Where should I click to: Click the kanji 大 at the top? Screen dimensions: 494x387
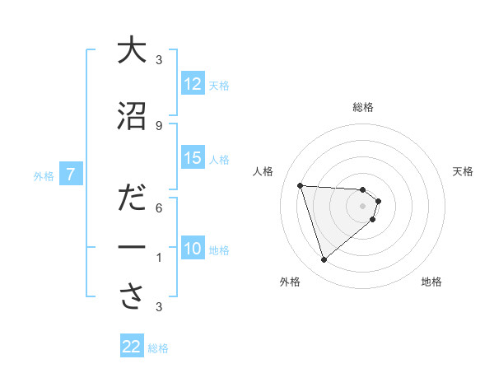pos(132,50)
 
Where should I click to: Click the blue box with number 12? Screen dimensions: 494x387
pos(193,84)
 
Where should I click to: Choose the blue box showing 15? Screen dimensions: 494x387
pos(193,158)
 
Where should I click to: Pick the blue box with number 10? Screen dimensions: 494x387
pos(193,249)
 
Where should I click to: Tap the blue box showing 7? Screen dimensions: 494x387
pos(72,175)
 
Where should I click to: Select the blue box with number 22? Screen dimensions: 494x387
pos(132,347)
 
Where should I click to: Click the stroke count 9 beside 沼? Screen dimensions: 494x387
pos(159,126)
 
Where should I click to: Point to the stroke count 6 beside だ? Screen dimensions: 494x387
pos(159,209)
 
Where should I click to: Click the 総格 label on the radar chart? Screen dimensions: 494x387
pos(363,107)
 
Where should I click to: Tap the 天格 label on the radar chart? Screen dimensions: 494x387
pos(464,171)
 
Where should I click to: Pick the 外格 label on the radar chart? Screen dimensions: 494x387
pos(290,282)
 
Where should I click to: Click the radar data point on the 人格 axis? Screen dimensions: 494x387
pos(301,185)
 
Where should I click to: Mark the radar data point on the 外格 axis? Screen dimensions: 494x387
pos(324,260)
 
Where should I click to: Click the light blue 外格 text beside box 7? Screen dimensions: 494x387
pos(44,175)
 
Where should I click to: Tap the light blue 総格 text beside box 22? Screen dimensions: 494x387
pos(158,348)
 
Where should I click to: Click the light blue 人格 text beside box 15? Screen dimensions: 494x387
pos(219,159)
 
